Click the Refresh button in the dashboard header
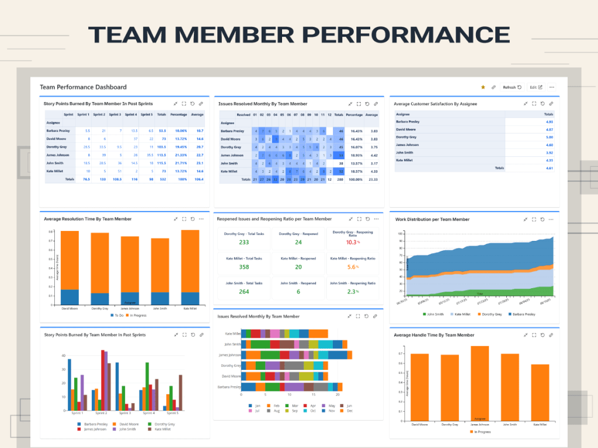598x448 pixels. [512, 87]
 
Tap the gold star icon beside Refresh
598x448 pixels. [483, 87]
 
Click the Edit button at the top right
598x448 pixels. [536, 87]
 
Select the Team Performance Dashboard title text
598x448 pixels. [83, 87]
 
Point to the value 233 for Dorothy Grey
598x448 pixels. [244, 242]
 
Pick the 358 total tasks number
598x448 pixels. [244, 267]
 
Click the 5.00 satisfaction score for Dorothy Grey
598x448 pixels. [548, 137]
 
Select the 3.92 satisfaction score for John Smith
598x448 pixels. [548, 152]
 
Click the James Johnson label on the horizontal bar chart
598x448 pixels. [230, 355]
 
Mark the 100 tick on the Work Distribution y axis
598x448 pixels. [401, 233]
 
